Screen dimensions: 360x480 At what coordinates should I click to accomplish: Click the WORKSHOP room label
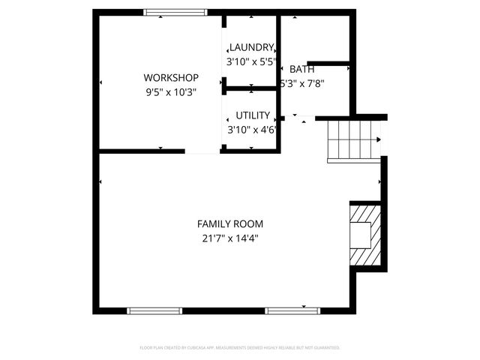[171, 78]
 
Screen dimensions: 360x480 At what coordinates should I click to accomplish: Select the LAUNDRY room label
[251, 48]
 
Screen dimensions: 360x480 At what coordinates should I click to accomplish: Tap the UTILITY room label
[253, 115]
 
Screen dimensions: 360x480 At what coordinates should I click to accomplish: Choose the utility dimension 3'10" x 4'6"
[253, 129]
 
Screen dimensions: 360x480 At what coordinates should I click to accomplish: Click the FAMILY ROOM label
[230, 224]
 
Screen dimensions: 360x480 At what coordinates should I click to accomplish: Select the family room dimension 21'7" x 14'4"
[230, 238]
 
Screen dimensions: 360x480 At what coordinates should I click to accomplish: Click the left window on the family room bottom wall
[154, 310]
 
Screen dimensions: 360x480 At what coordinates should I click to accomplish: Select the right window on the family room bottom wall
[293, 310]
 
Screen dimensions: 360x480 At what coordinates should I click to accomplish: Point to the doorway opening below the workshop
[202, 151]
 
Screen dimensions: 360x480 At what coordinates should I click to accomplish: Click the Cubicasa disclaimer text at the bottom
[240, 348]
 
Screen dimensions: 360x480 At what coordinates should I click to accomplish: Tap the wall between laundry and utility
[251, 89]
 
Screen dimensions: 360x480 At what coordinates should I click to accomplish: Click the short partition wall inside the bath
[328, 63]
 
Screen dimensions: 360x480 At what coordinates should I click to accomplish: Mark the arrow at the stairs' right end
[377, 139]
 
